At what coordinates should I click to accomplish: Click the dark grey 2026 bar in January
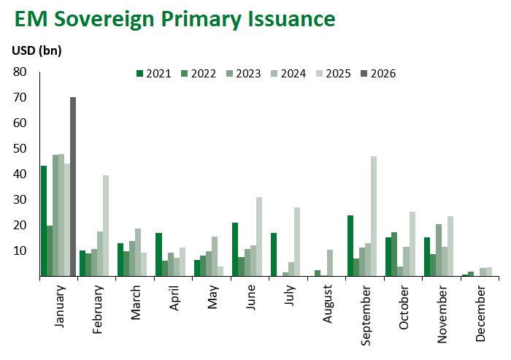(x=73, y=187)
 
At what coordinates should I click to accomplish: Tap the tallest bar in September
(x=374, y=216)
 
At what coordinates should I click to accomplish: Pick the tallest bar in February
(x=106, y=226)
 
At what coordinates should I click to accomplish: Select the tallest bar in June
(x=259, y=237)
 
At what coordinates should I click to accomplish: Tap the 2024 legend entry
(x=288, y=73)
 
